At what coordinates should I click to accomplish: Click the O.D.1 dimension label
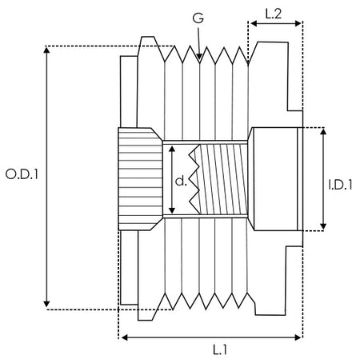coord(22,174)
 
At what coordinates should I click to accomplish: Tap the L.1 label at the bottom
coord(220,349)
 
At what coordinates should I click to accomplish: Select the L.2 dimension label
coord(274,14)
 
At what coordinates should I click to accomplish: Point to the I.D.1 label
coord(340,185)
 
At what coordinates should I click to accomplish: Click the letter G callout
coord(198,18)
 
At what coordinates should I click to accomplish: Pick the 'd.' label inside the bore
coord(181,181)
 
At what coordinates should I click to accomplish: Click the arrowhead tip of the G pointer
coord(199,60)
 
